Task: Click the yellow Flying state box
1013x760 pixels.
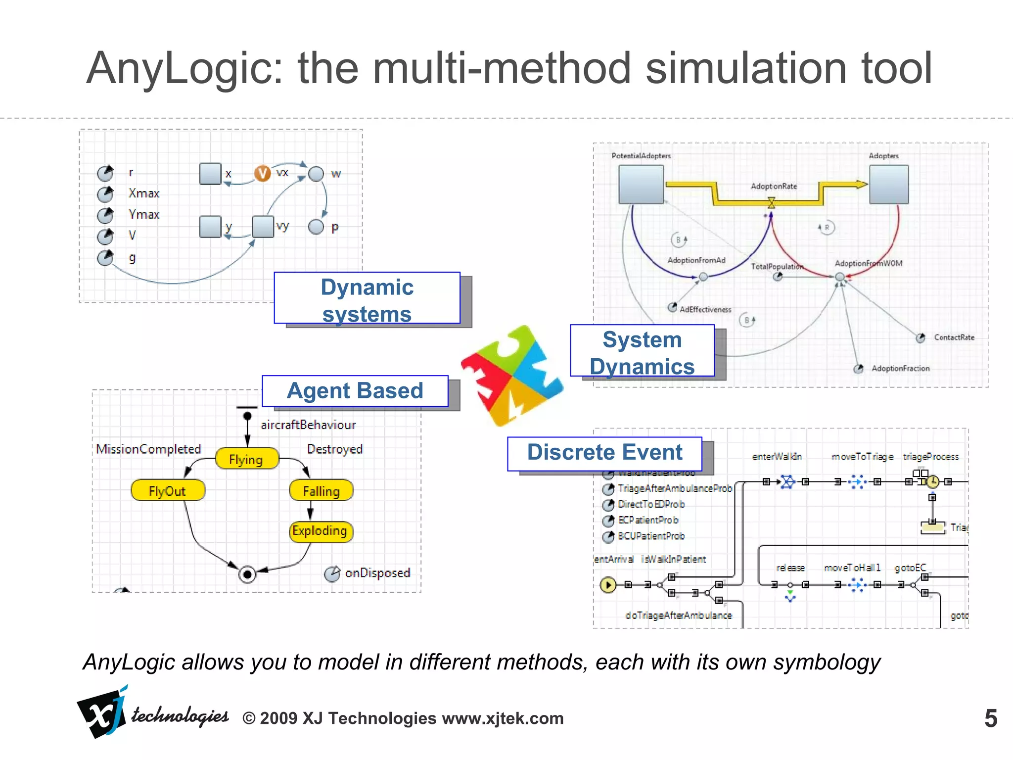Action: (247, 459)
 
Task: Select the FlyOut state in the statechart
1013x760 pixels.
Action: (168, 490)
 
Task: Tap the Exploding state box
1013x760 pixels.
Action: (321, 531)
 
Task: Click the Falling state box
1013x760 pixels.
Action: (321, 490)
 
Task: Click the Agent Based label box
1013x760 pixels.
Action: (355, 391)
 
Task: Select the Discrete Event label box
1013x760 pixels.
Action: (604, 453)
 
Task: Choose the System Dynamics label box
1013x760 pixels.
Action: (642, 351)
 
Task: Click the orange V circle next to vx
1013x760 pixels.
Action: (262, 173)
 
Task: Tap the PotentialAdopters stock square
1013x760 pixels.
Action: (641, 184)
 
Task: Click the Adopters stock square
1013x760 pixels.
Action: (889, 184)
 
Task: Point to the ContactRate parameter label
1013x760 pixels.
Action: (954, 337)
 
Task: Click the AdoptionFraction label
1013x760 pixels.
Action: (900, 368)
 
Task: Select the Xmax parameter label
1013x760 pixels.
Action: (144, 193)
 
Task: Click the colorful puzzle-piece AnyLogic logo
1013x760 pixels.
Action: (512, 376)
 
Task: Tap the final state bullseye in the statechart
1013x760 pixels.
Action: (247, 574)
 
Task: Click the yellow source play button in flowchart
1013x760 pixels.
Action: (608, 585)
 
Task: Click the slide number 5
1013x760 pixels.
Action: (990, 718)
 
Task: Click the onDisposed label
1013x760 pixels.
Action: (377, 573)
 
